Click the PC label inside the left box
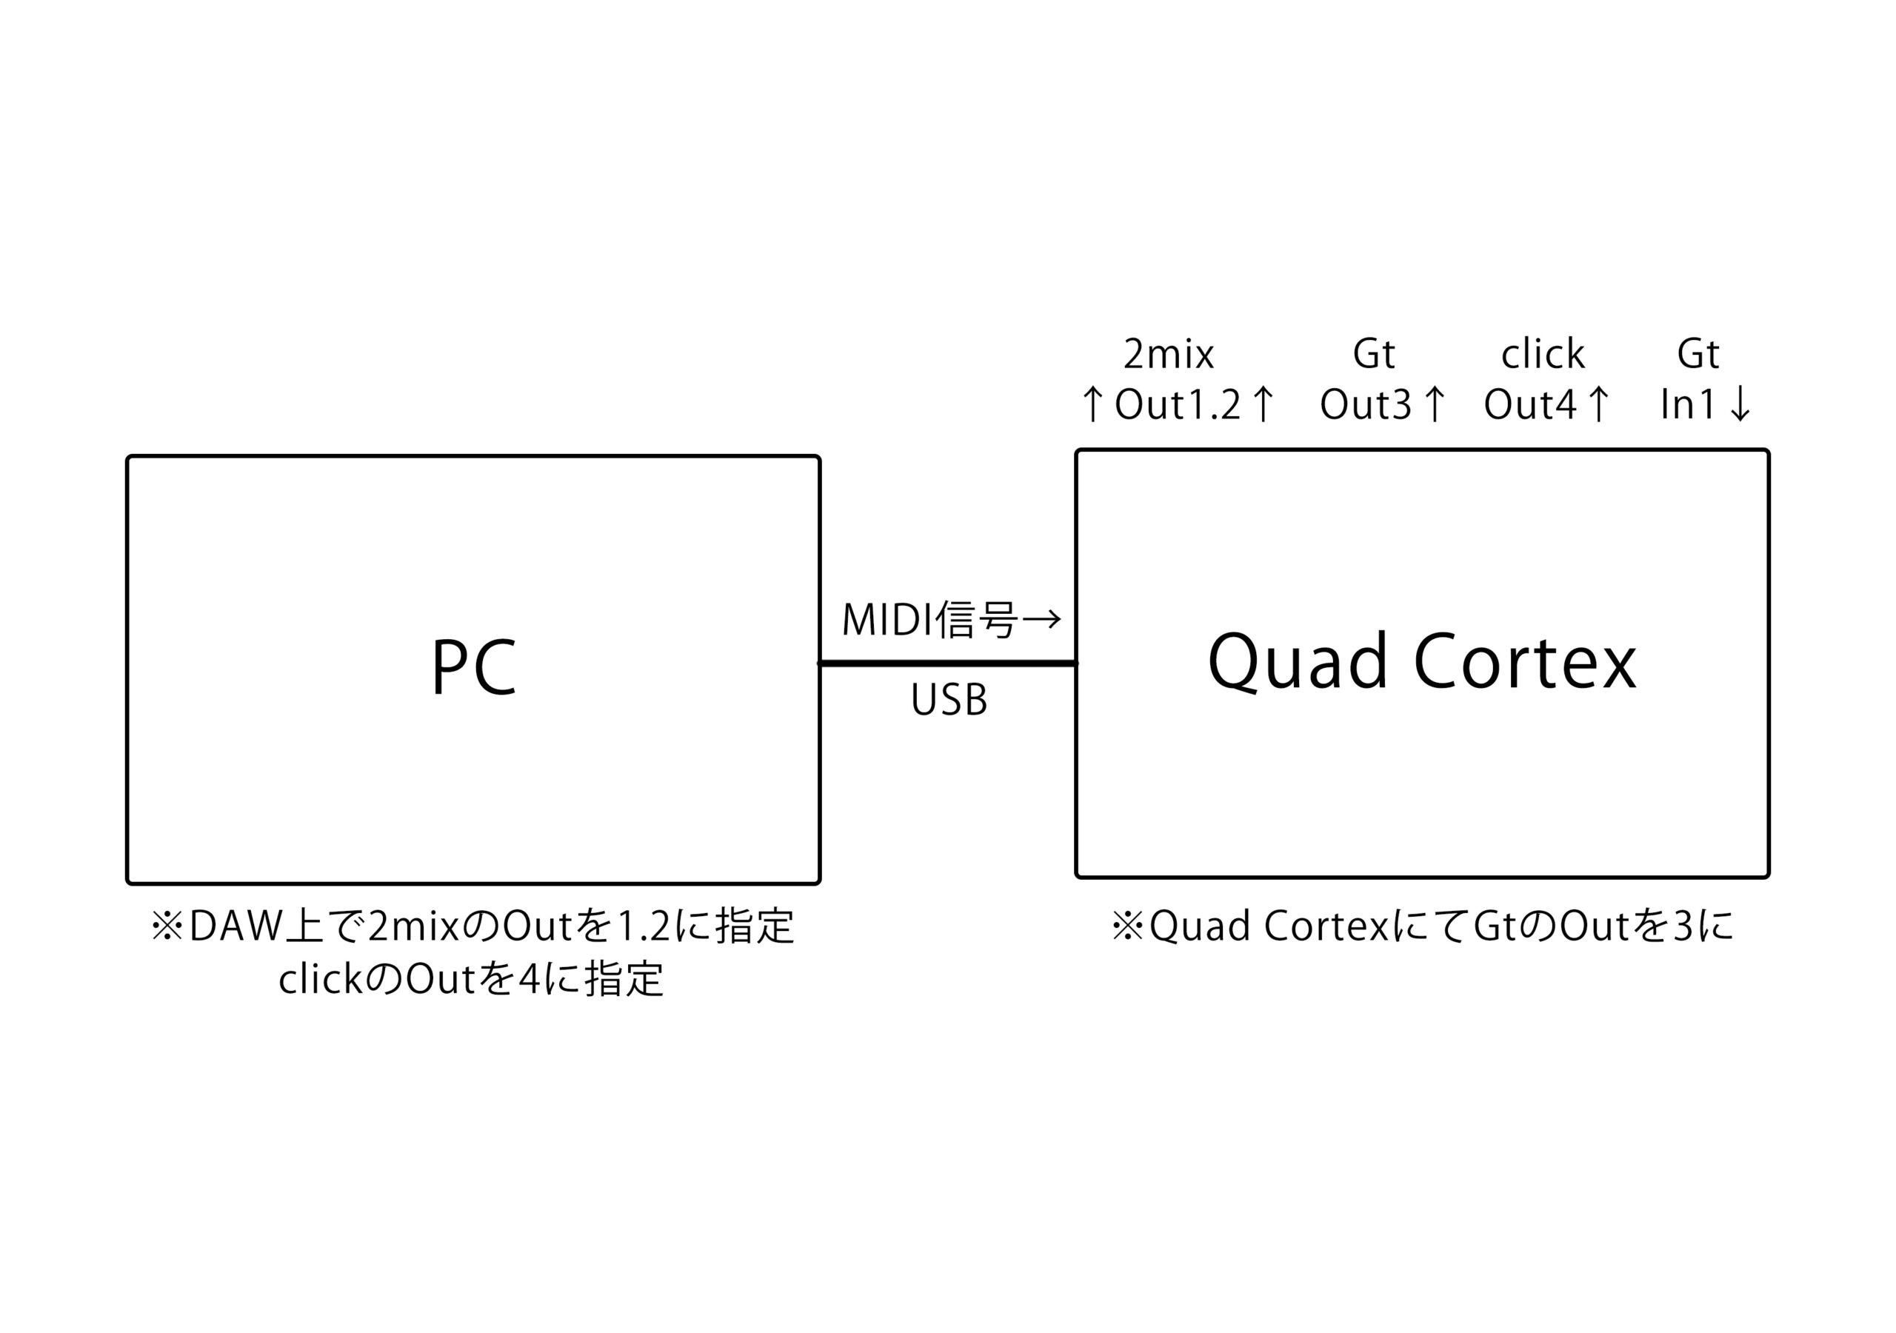[x=473, y=666]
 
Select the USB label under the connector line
[x=948, y=701]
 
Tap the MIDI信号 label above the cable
[x=928, y=619]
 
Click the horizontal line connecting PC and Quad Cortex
[x=947, y=664]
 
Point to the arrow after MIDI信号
[x=1041, y=619]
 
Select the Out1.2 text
[x=1178, y=404]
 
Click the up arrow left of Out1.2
[x=1092, y=404]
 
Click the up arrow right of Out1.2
[x=1263, y=404]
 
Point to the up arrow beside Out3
[x=1435, y=404]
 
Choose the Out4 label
[x=1529, y=404]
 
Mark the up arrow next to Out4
[x=1599, y=404]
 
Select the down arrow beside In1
[x=1740, y=404]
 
